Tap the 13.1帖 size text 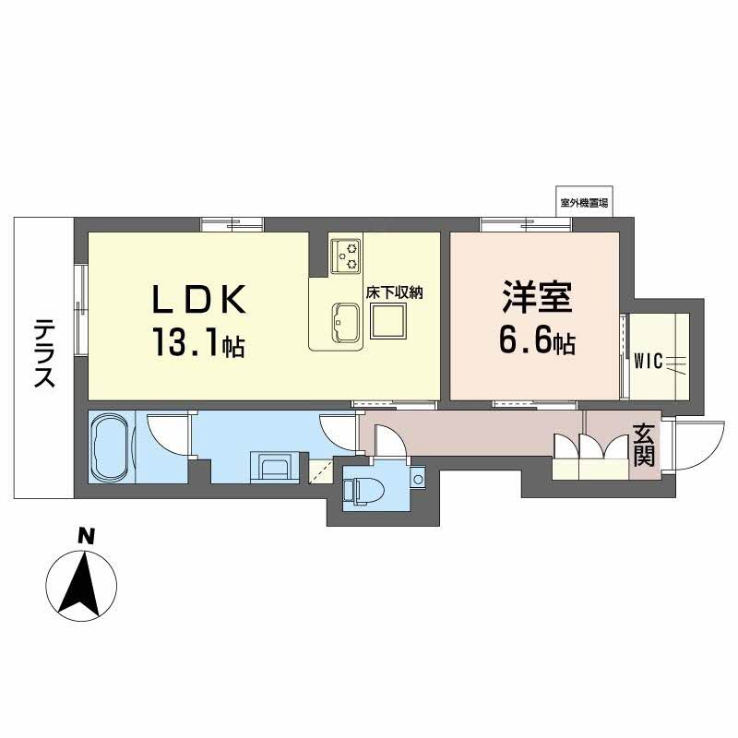point(198,344)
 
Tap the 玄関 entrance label point(645,444)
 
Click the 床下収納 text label point(397,293)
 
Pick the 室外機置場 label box point(583,202)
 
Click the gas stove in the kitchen point(348,254)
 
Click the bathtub point(111,446)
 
